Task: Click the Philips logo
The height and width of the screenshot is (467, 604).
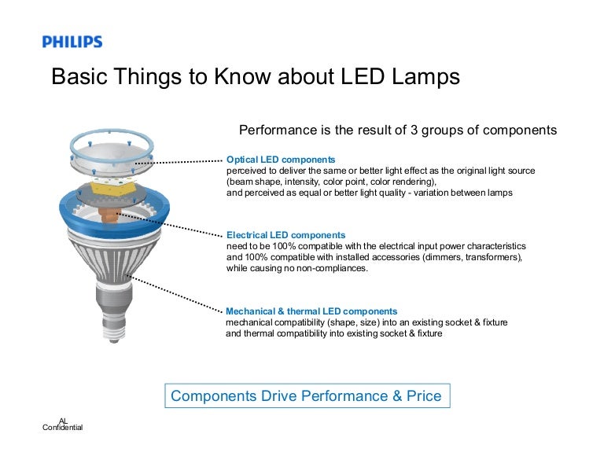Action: pos(72,42)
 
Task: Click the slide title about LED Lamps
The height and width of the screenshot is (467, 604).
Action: pos(255,78)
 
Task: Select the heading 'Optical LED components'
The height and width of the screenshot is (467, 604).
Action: pos(280,159)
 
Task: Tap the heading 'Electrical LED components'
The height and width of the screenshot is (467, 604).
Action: pos(285,235)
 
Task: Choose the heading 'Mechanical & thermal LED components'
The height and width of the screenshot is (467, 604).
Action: pos(311,311)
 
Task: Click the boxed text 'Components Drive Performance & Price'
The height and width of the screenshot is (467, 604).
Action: pos(306,396)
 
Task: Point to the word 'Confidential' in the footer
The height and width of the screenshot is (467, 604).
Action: pos(62,427)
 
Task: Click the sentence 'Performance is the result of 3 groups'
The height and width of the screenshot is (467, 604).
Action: pos(397,130)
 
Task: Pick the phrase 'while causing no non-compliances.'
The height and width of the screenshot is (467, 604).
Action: pos(296,268)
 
